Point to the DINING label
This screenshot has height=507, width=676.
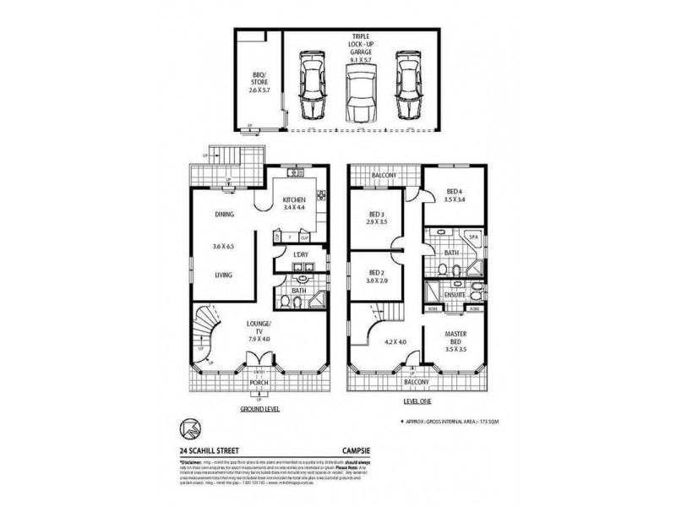pyautogui.click(x=223, y=215)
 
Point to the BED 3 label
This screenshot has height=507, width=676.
pyautogui.click(x=377, y=215)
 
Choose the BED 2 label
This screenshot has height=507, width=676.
pyautogui.click(x=377, y=273)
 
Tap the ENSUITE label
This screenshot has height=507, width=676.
pyautogui.click(x=456, y=295)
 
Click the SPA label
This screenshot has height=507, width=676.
pyautogui.click(x=473, y=237)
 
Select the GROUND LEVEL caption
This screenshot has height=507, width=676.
pyautogui.click(x=259, y=408)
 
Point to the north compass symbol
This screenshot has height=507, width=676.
pyautogui.click(x=188, y=429)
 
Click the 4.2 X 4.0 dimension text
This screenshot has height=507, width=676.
pyautogui.click(x=396, y=342)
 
